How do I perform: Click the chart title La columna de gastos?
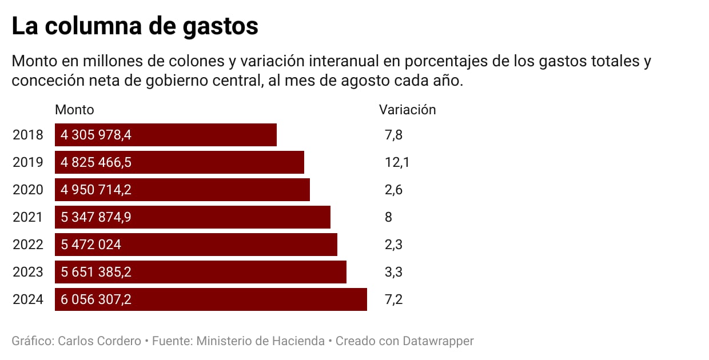[135, 26]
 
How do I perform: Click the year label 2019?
[28, 162]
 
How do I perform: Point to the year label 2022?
[28, 245]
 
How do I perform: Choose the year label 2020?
[28, 190]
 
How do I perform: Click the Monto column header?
[74, 110]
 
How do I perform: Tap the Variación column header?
[407, 110]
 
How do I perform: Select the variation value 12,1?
[397, 162]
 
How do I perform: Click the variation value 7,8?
[394, 135]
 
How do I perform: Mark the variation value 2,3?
[394, 245]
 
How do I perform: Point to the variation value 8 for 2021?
[389, 217]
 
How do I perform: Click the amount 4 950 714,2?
[96, 190]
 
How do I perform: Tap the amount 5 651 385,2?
[96, 272]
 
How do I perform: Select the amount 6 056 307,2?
[96, 299]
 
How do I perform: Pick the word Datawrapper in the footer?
[438, 341]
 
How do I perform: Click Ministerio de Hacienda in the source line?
[261, 341]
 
